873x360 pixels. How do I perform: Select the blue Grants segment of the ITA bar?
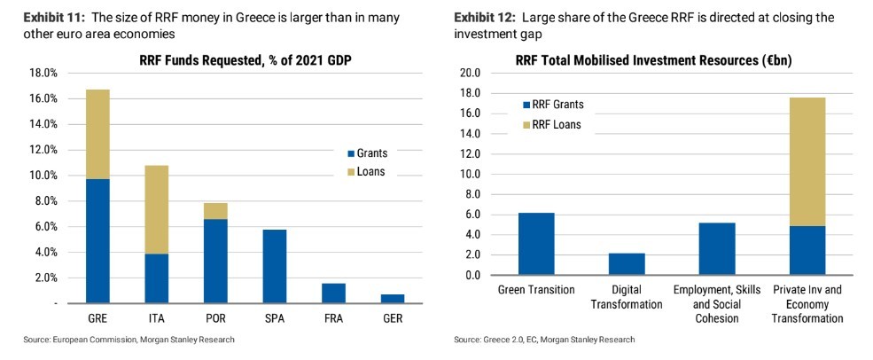pyautogui.click(x=156, y=278)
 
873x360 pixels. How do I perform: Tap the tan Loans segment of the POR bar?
pyautogui.click(x=215, y=210)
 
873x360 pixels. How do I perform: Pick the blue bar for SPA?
pyautogui.click(x=274, y=267)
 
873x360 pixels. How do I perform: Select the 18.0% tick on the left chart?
pyautogui.click(x=44, y=73)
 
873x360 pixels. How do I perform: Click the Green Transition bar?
pyautogui.click(x=537, y=244)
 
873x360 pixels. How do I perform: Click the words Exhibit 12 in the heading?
pyautogui.click(x=482, y=18)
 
